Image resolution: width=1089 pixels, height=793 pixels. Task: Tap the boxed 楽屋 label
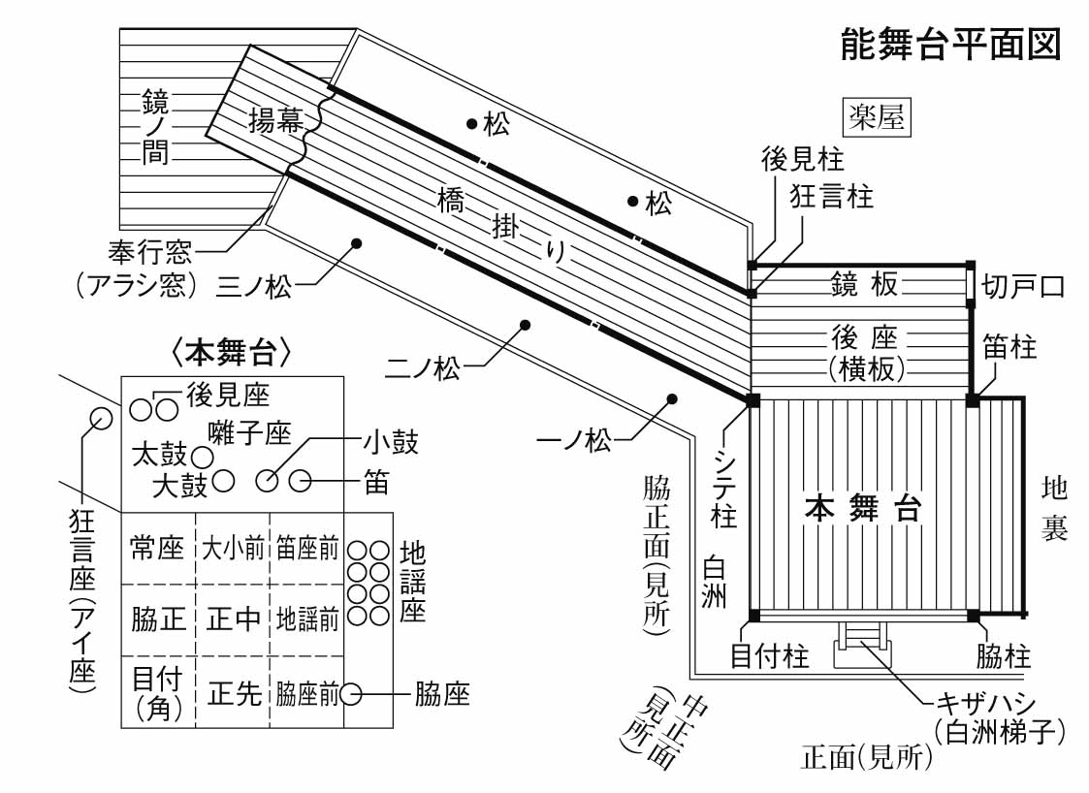[x=876, y=118]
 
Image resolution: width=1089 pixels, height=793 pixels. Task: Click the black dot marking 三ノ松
[x=356, y=242]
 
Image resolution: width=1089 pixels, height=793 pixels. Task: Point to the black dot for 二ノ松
[x=525, y=324]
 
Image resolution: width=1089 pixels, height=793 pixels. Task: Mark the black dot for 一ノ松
[x=670, y=397]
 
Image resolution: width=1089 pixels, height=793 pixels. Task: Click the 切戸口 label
[x=1023, y=286]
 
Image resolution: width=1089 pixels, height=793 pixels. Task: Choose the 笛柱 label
[x=1009, y=347]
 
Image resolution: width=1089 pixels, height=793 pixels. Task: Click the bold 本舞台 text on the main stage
[x=862, y=509]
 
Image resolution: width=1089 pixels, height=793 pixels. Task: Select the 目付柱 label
[x=769, y=658]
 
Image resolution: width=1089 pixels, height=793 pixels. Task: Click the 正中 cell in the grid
[x=233, y=619]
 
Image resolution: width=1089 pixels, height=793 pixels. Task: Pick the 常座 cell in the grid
[x=157, y=549]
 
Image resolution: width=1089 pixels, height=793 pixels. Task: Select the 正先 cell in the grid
[x=234, y=694]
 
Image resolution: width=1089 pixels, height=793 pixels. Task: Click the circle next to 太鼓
[x=202, y=455]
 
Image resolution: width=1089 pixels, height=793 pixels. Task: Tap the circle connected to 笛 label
[x=300, y=479]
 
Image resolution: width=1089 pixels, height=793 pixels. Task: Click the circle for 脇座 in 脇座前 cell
[x=351, y=694]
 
